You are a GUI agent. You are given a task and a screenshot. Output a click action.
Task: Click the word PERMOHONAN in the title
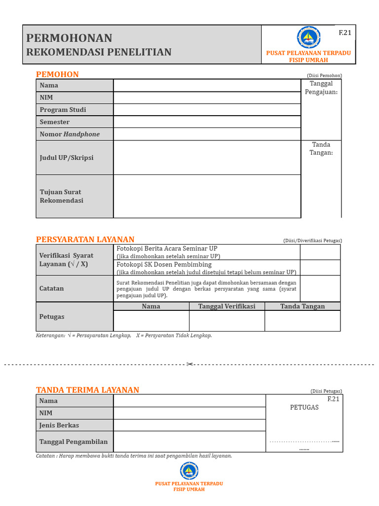point(69,38)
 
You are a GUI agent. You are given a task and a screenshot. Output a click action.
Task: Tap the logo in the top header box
point(308,38)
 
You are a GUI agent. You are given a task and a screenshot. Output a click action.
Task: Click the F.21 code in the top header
point(344,33)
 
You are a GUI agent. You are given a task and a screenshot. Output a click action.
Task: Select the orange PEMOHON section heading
point(57,75)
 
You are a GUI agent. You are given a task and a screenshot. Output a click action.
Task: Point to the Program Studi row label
point(63,110)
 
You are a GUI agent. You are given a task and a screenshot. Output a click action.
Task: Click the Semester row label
point(55,122)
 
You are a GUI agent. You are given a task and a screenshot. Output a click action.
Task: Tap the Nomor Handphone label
point(70,134)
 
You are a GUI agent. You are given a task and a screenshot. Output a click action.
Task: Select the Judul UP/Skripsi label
point(67,158)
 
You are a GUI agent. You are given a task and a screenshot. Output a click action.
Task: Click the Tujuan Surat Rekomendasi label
point(61,196)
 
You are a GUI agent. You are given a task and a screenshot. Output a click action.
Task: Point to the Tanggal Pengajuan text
point(321,88)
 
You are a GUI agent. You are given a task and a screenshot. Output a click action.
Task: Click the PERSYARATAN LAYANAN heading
point(85,240)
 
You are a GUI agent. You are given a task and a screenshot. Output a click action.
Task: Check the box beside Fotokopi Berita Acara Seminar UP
point(320,252)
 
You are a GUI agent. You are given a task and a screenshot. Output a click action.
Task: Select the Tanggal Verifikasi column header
point(227,306)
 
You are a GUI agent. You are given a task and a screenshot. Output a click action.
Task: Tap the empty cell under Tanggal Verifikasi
point(227,321)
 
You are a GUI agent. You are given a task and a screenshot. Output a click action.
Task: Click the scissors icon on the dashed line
point(189,365)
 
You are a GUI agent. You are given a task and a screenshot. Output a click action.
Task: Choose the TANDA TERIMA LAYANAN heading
point(88,390)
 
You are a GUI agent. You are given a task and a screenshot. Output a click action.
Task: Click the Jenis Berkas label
point(59,425)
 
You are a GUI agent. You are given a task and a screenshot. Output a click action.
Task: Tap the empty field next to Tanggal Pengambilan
point(189,442)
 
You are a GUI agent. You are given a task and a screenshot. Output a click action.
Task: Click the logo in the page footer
point(189,471)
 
